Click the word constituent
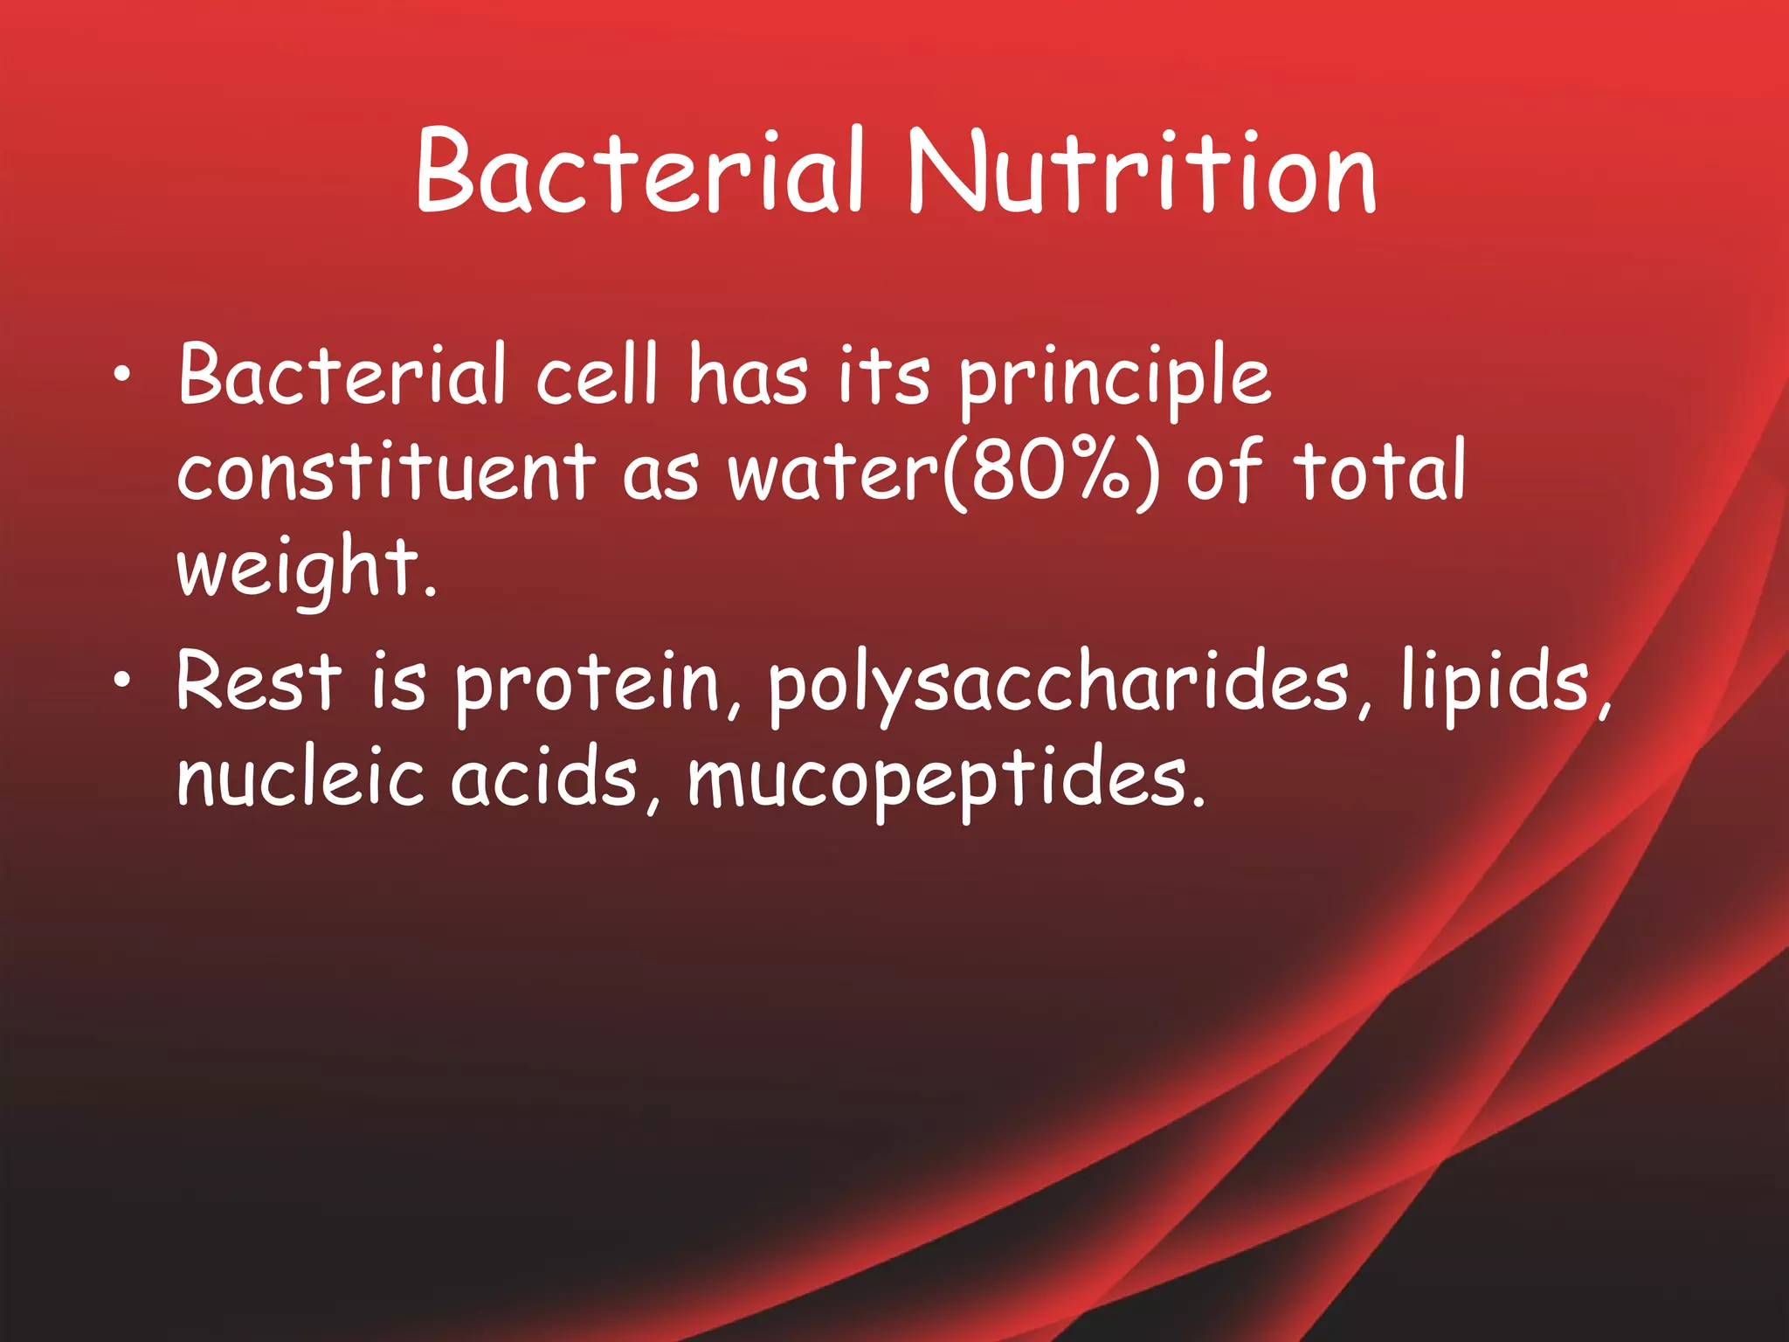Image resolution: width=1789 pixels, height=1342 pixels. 386,472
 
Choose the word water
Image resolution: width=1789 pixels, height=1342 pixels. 834,474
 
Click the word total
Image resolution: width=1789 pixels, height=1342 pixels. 1378,472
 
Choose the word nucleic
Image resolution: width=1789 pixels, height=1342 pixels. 300,778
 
